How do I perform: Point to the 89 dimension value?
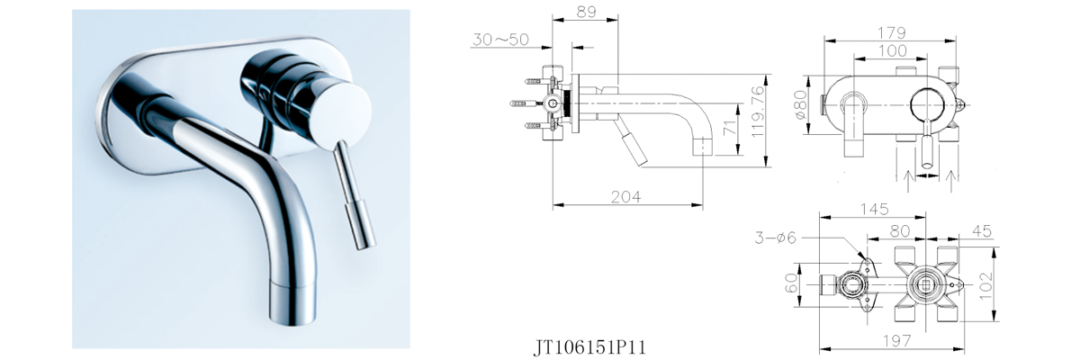[x=585, y=12]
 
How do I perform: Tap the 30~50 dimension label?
[x=501, y=40]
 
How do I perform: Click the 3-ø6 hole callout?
[x=777, y=238]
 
